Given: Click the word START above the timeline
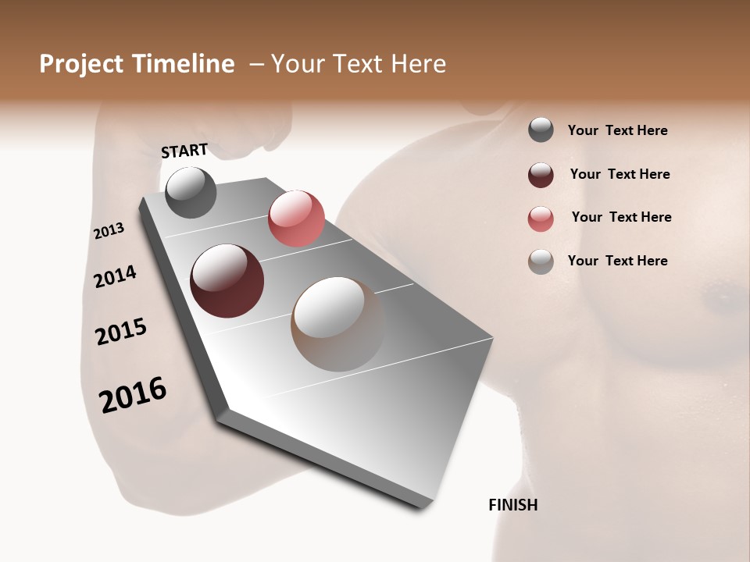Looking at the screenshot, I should (x=184, y=151).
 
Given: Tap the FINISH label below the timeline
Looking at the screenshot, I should (x=512, y=505).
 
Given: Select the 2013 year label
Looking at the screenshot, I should (x=109, y=231).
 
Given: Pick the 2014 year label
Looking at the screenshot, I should (x=115, y=276).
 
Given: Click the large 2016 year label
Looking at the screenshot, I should (x=133, y=395).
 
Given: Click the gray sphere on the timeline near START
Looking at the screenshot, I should (x=191, y=192).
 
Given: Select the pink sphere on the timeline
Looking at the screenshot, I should (x=296, y=219).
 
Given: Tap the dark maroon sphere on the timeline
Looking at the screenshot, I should (x=227, y=281).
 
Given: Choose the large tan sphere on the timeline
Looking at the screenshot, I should (x=337, y=324).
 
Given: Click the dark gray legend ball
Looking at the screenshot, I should (x=541, y=130).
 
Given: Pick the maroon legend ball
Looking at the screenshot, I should (x=541, y=175).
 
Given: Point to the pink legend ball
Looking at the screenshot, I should (x=541, y=219).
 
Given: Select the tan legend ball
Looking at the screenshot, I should (x=541, y=262).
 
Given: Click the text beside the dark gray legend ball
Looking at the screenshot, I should (x=617, y=131).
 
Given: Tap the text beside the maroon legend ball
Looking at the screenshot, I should (x=620, y=174).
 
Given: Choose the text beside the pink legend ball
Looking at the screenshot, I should (x=621, y=217).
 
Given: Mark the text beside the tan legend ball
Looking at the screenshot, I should (x=617, y=261).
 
